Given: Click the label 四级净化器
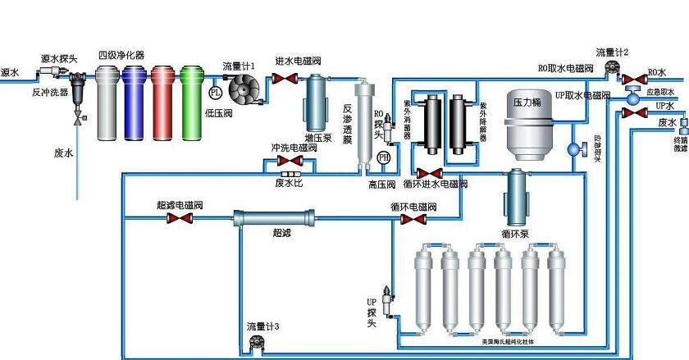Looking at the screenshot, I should (x=121, y=54).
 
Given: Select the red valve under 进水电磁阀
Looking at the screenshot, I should (x=285, y=79).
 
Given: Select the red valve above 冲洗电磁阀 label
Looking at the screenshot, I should (x=290, y=162).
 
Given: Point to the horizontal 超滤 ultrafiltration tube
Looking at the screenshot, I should (x=272, y=219).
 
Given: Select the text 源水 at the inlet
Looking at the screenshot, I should (x=11, y=71).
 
